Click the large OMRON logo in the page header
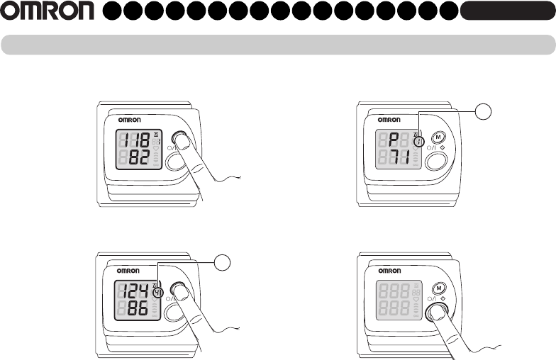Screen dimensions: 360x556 point(47,11)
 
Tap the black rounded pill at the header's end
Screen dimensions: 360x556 point(506,11)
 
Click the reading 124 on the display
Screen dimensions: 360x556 point(134,290)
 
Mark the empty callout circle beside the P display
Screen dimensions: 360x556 point(483,112)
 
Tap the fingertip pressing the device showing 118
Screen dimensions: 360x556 point(183,142)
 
